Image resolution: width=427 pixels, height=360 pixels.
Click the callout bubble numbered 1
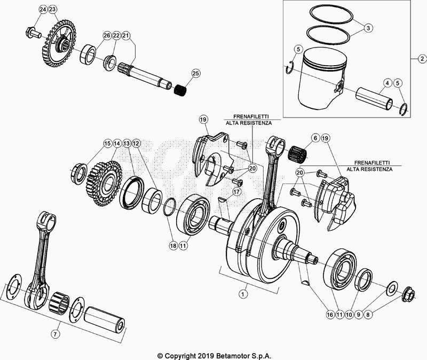tap(243, 294)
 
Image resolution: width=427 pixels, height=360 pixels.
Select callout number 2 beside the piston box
tap(421, 58)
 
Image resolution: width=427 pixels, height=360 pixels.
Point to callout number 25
tap(195, 73)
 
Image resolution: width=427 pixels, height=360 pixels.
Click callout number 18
tap(172, 246)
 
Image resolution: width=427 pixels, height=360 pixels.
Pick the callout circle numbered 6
tap(315, 138)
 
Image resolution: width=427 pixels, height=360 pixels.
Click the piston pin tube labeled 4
tap(376, 98)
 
